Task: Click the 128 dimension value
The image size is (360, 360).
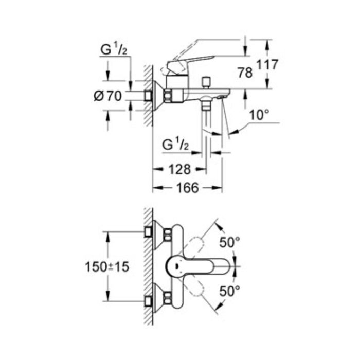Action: tap(179, 169)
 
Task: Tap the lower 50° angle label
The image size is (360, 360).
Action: tap(230, 291)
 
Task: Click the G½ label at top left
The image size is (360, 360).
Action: tap(114, 50)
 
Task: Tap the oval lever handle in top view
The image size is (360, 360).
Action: tap(190, 266)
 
